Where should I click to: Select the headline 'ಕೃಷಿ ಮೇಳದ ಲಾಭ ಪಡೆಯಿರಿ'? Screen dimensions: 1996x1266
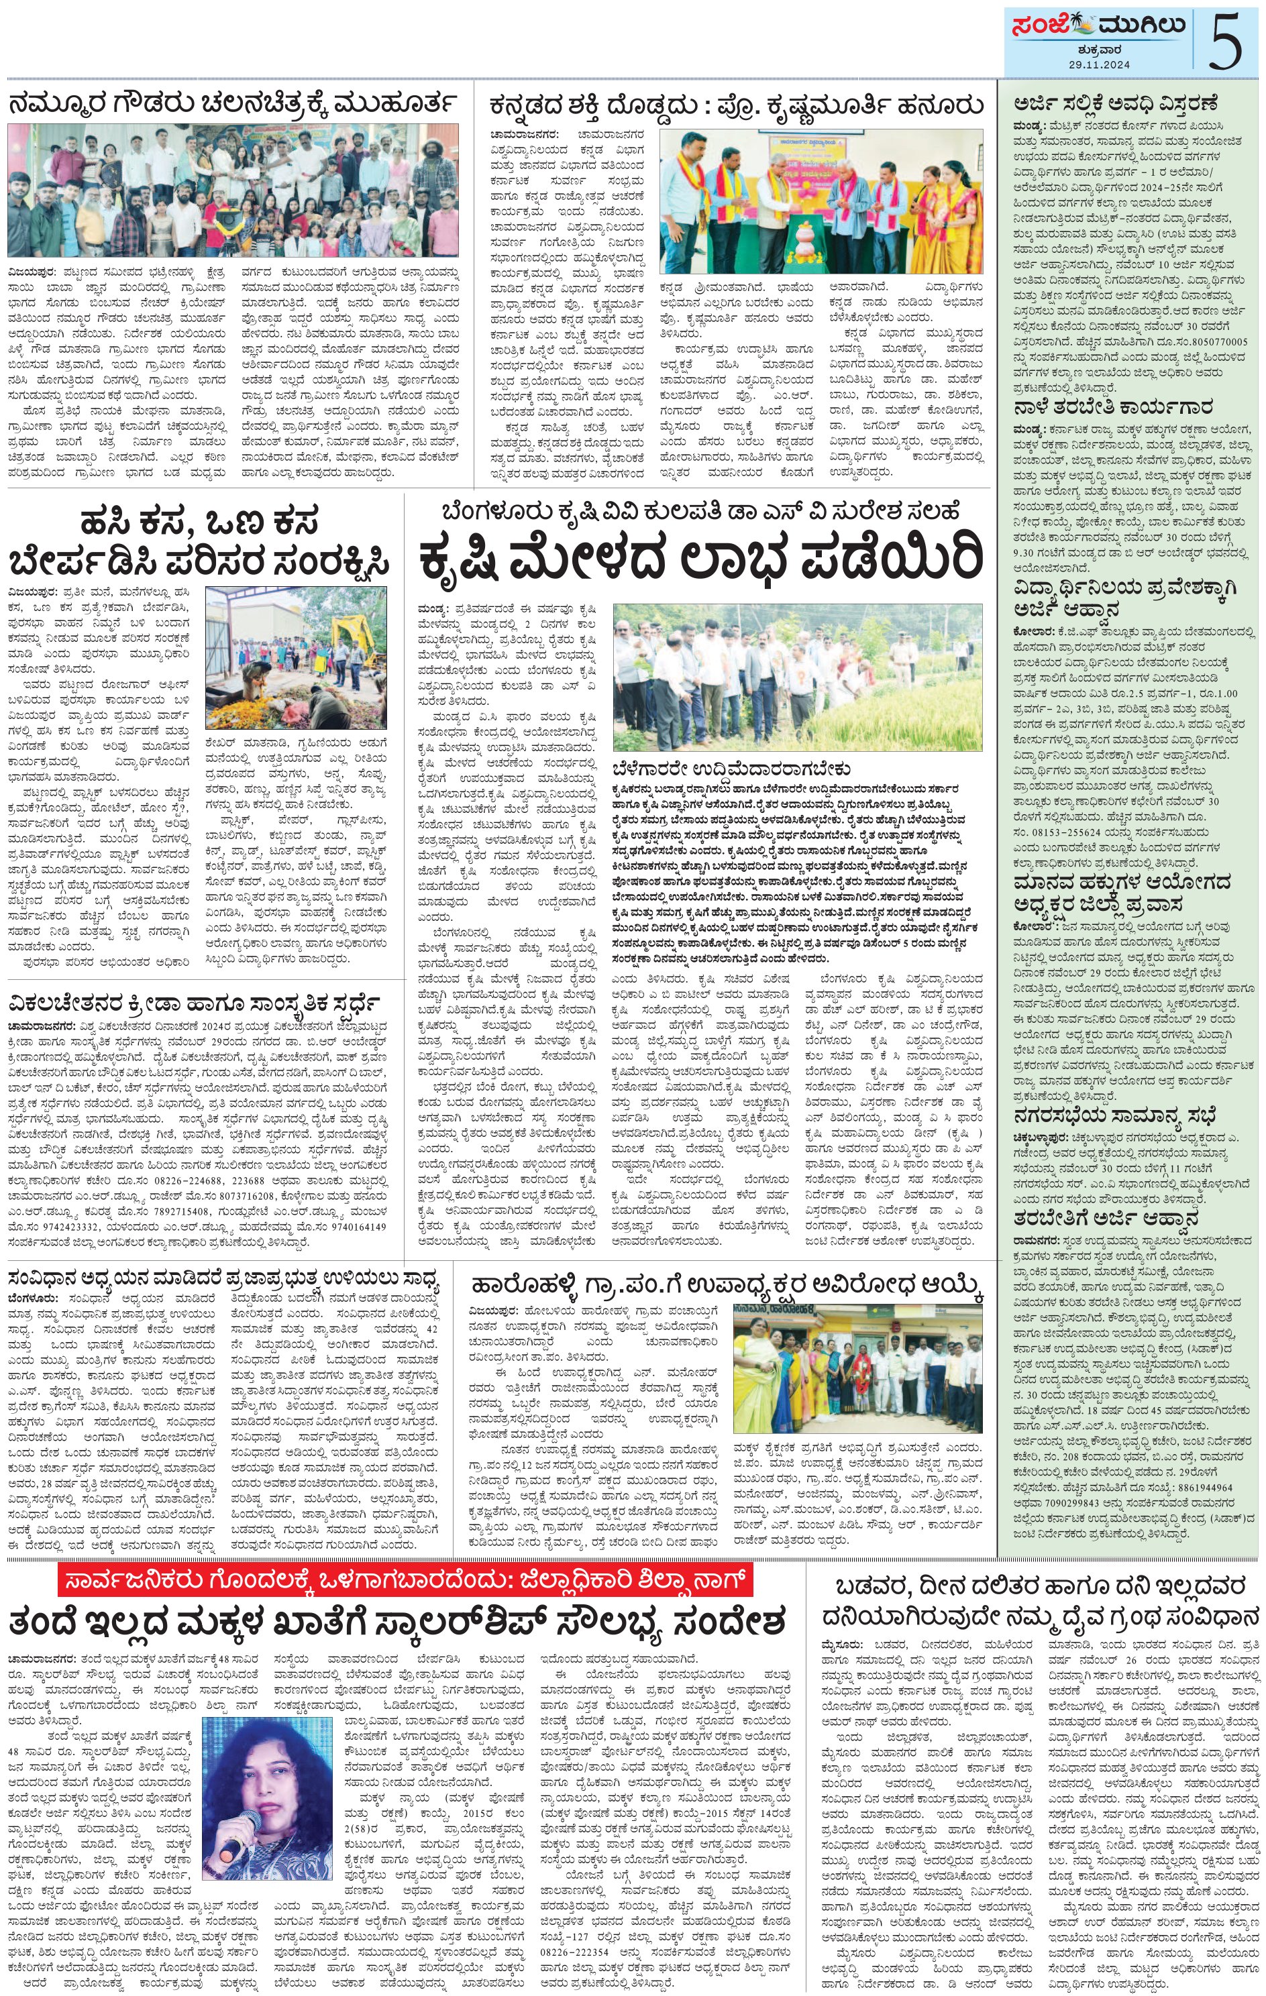tap(702, 559)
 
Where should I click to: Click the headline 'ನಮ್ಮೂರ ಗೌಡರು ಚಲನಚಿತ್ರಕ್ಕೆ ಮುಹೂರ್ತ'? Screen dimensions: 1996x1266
tap(233, 106)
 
